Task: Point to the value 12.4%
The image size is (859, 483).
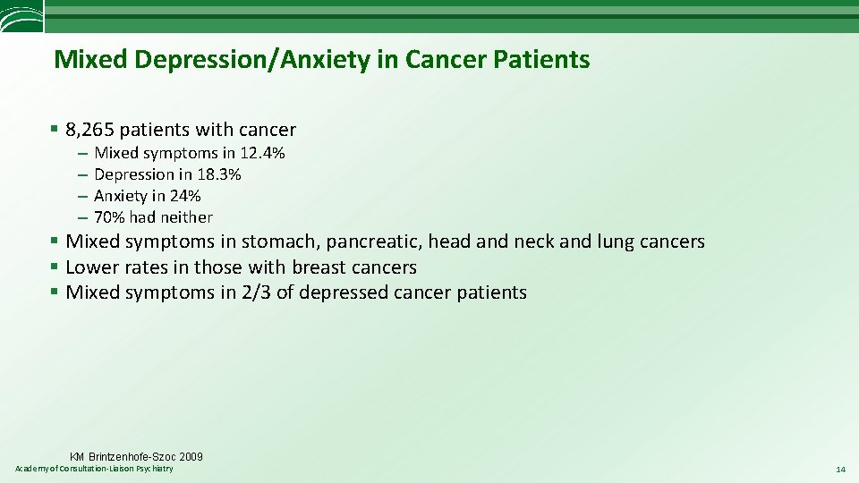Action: click(262, 153)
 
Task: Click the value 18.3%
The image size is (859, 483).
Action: click(218, 174)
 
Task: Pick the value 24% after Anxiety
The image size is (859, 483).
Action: click(184, 196)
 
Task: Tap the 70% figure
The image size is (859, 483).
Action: click(109, 217)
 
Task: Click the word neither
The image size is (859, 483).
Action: click(187, 217)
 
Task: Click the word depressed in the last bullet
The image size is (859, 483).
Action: click(343, 292)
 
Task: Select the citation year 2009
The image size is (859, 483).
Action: click(190, 457)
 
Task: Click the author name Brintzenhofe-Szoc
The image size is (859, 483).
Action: click(130, 457)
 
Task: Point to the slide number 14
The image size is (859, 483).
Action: click(839, 470)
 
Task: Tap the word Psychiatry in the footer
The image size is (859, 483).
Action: click(154, 470)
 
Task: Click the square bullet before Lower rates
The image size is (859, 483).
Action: click(55, 267)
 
